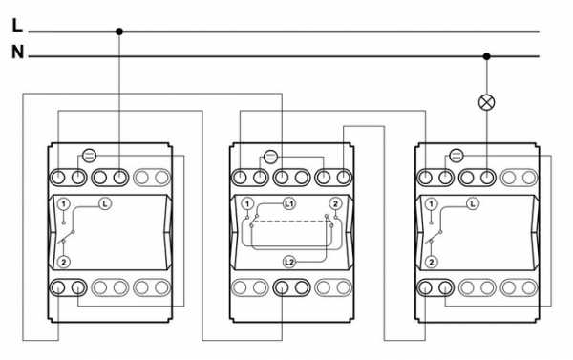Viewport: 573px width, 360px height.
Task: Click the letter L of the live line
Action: point(17,25)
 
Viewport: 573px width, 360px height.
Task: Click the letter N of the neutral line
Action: point(17,52)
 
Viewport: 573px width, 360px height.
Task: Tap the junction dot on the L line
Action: point(119,32)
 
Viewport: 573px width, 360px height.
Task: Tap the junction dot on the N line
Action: point(486,56)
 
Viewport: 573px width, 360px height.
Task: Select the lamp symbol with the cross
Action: point(486,102)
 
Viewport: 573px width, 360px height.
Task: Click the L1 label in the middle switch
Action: point(289,203)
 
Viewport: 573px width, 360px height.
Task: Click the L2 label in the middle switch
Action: point(289,262)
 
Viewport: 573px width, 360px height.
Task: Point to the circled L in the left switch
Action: point(105,203)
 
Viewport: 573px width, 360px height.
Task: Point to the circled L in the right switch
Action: point(473,203)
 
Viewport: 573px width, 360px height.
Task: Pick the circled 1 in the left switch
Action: point(64,204)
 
